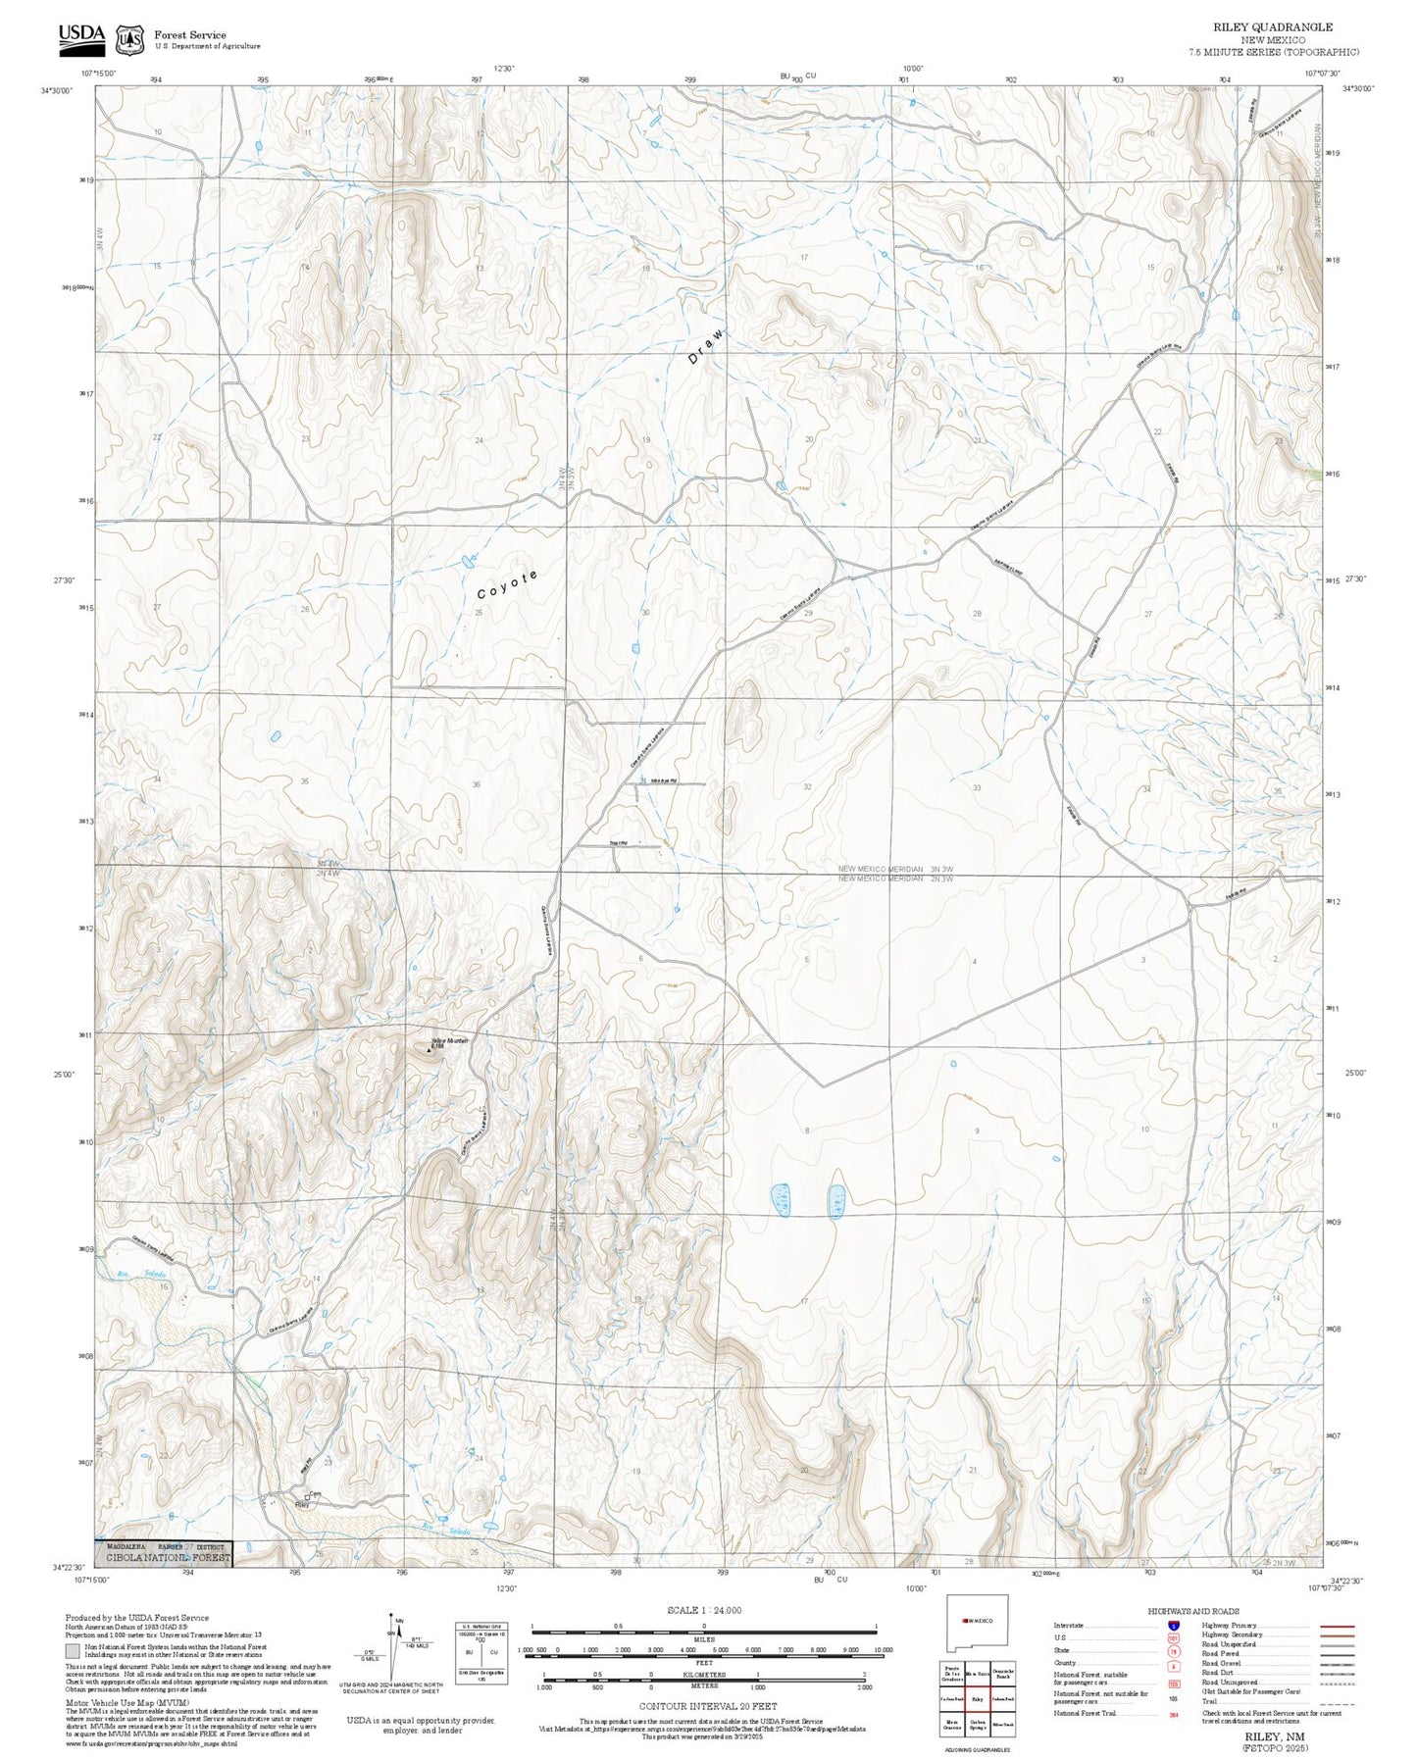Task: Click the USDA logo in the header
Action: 80,35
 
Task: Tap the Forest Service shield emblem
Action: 129,39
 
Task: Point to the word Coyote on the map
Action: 507,584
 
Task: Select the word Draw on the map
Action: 706,346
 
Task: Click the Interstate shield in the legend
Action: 1173,1626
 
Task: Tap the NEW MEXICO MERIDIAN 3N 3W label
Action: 895,869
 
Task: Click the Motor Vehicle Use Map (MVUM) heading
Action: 116,1702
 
